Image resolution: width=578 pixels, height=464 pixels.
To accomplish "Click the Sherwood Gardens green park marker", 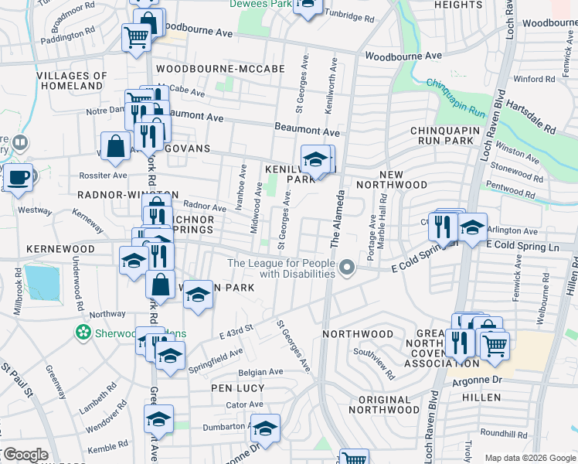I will coord(83,333).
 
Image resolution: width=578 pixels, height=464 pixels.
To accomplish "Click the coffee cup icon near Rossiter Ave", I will coord(18,177).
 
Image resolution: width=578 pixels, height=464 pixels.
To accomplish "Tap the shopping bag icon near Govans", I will coord(116,145).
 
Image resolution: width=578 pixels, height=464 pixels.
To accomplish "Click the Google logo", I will coord(25,455).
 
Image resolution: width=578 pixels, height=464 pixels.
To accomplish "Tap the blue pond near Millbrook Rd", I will coord(41,282).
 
